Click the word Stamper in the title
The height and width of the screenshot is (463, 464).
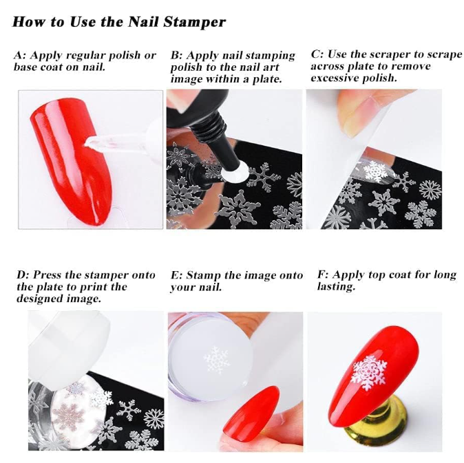coord(195,23)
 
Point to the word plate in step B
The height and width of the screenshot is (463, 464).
coord(266,79)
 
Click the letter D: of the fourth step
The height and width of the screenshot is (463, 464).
coord(23,274)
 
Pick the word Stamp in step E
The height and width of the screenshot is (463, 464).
coord(204,275)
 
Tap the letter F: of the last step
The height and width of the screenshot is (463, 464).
coord(323,274)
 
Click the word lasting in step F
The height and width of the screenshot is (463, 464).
coord(336,286)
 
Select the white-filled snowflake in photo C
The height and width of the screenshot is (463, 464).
coord(375,171)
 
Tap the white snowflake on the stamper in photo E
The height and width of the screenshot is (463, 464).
coord(216,360)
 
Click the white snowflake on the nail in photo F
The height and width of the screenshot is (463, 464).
coord(368,372)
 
